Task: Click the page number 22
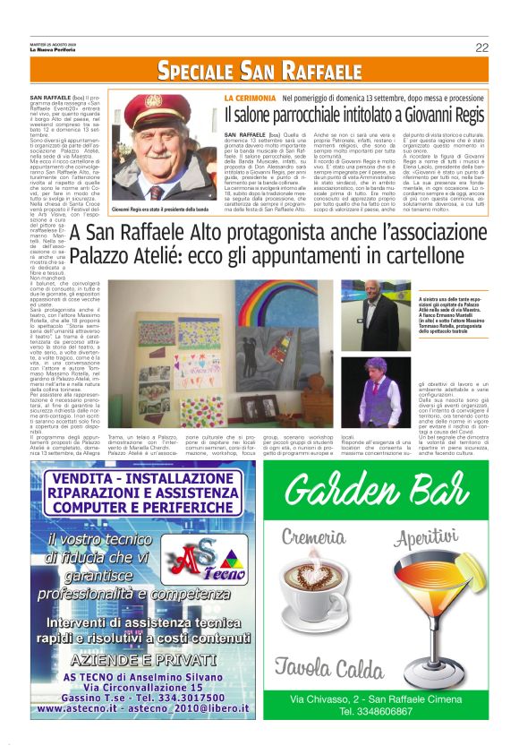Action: [x=481, y=47]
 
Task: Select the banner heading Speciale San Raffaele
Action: [x=259, y=72]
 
